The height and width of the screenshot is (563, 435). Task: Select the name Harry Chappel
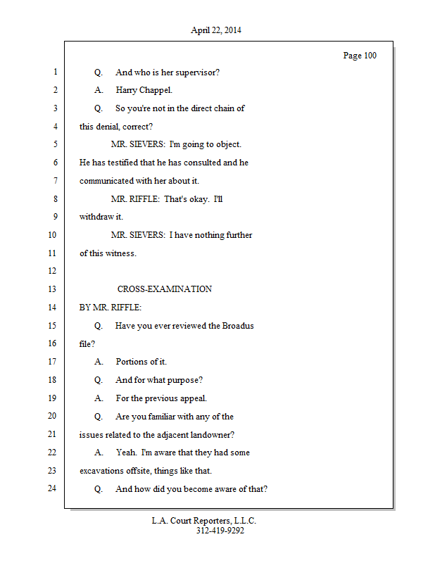point(144,90)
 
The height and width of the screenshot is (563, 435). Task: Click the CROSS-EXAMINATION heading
point(164,289)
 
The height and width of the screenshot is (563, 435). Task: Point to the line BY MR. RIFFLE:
point(110,308)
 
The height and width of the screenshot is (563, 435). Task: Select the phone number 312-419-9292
point(220,531)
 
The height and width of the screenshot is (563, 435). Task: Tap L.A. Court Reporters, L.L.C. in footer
point(204,521)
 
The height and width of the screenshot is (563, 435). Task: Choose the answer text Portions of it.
point(141,362)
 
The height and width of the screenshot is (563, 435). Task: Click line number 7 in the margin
point(53,181)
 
